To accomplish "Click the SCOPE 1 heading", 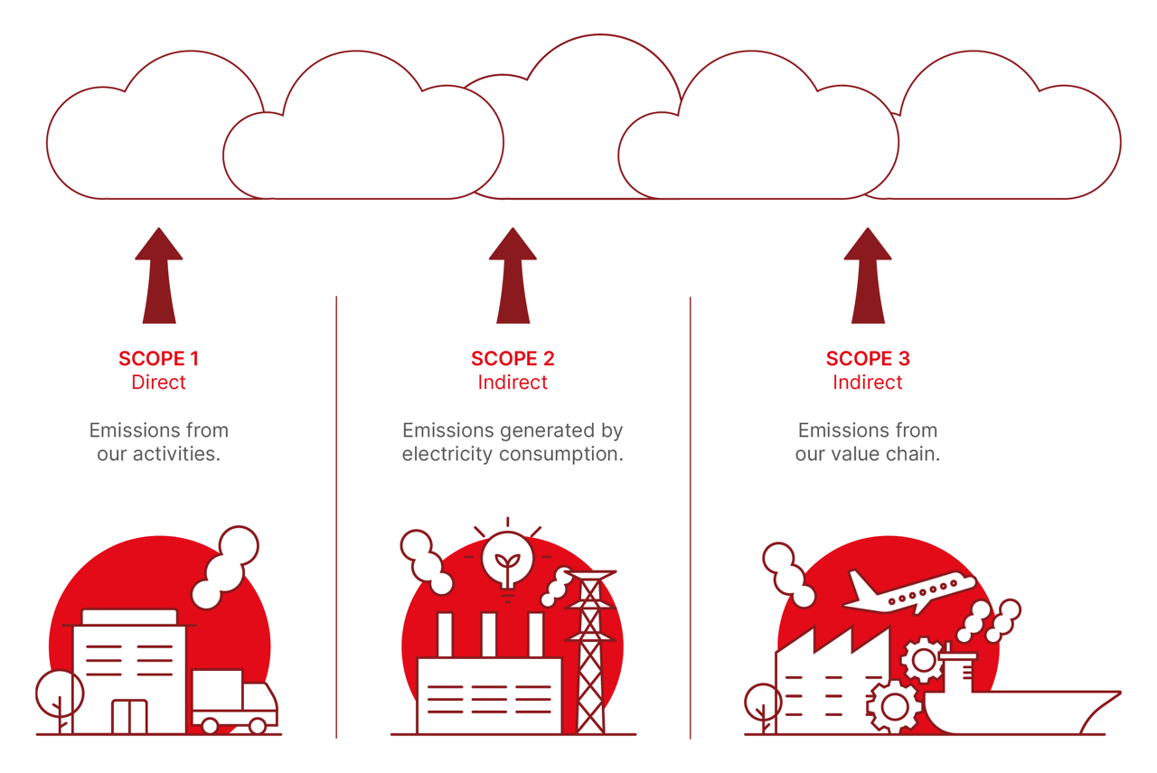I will click(158, 359).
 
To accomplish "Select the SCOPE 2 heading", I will click(513, 359).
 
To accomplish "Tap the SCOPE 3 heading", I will click(868, 359).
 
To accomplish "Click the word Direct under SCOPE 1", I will click(158, 382).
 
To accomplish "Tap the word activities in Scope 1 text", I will click(174, 454).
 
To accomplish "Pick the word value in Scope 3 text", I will click(858, 454).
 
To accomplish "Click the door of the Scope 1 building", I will click(129, 716).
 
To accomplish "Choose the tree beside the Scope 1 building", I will click(60, 696).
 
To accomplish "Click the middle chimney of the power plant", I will click(489, 635).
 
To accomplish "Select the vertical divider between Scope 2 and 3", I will click(691, 515).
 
